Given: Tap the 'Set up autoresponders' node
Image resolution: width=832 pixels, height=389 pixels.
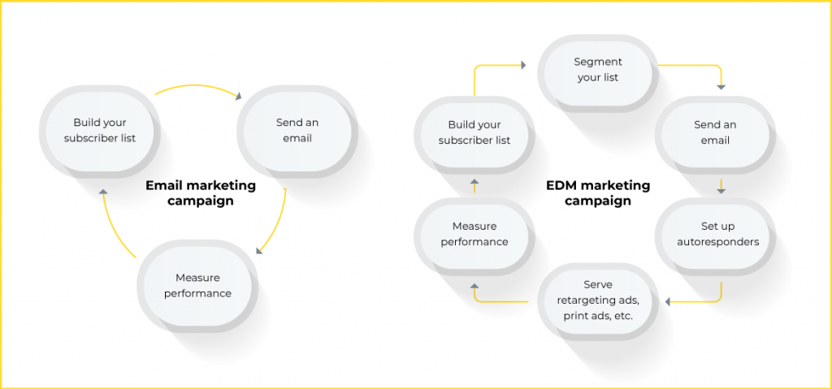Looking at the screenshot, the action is coord(715,234).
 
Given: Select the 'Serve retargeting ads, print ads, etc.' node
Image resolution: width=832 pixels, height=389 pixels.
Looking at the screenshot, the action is coord(598,300).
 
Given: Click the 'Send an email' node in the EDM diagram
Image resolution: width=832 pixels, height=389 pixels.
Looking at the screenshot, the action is coord(715,132).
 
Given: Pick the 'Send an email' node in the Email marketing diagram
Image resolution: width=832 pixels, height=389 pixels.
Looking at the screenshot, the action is coord(297,131).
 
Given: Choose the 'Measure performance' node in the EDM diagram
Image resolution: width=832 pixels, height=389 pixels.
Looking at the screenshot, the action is coord(474,234).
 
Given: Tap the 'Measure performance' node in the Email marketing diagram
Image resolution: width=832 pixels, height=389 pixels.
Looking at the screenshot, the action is coord(197,286).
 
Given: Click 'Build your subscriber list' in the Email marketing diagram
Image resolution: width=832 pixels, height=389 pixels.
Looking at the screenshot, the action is coord(100,131).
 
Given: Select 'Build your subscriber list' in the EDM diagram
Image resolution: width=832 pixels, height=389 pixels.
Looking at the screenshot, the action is coord(474,132).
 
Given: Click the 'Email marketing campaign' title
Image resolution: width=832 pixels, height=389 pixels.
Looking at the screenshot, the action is coord(201,193).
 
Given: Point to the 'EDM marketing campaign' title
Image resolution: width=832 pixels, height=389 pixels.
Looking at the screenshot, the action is coord(598,193).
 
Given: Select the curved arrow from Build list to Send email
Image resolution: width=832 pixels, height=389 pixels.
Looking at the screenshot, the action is coord(198,87).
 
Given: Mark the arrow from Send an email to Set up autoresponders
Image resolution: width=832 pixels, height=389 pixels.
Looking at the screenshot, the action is coord(721,186).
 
